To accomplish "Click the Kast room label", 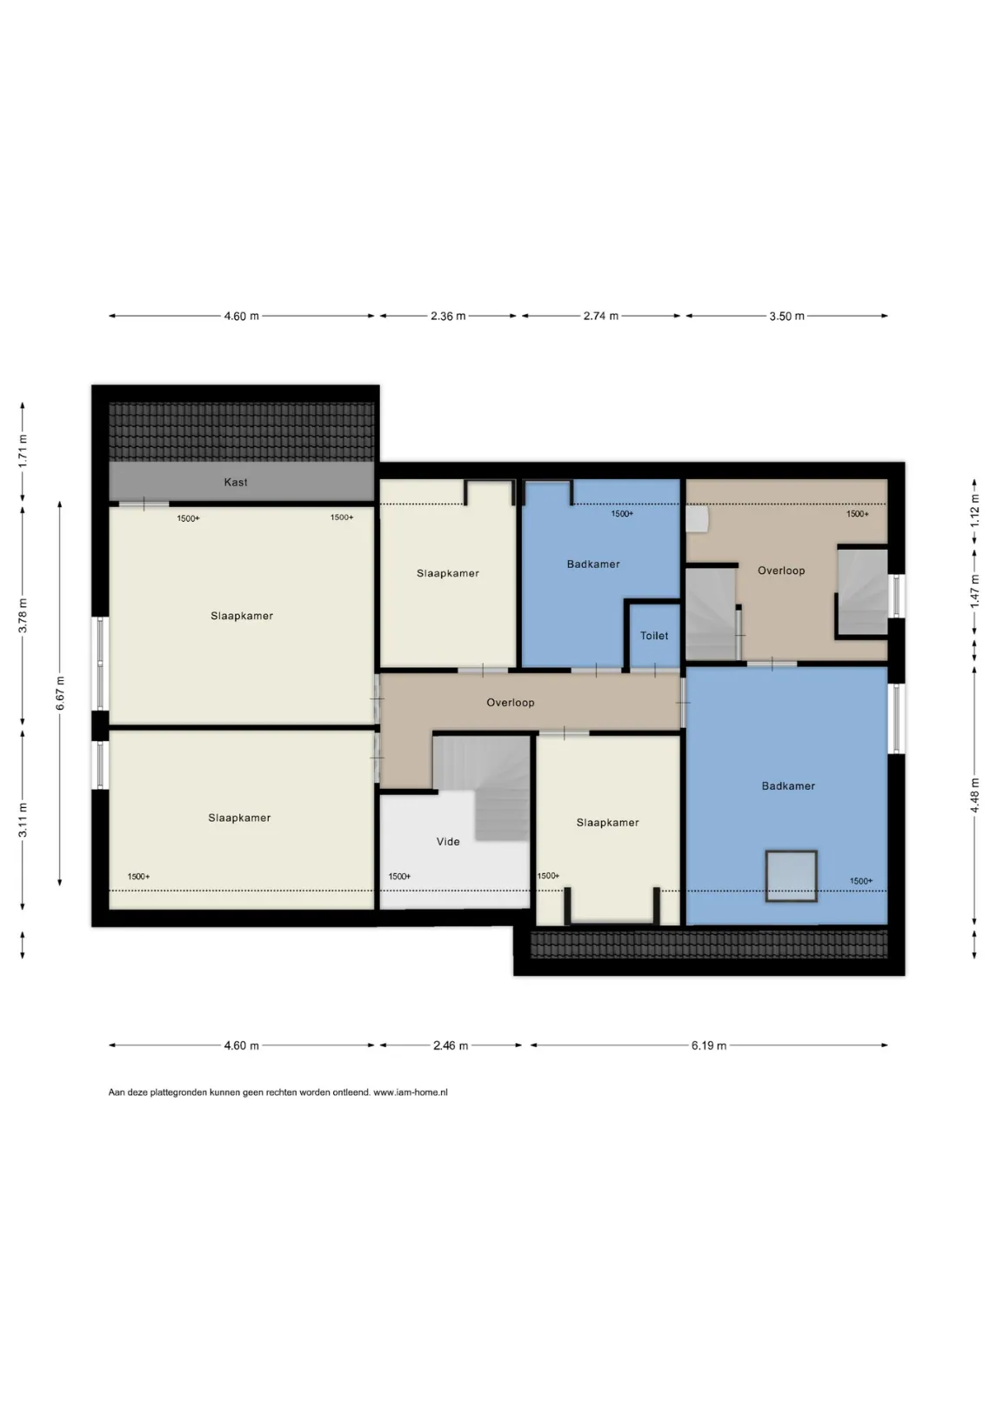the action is (x=236, y=483).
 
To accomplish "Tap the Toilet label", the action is (x=654, y=636).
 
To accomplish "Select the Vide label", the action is (x=448, y=842).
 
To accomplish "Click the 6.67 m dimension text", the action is (x=60, y=693).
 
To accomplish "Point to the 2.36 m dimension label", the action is (x=448, y=317).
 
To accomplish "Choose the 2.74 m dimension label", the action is (x=601, y=316).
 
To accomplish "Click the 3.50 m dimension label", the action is (x=786, y=317).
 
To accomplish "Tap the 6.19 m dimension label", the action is (x=708, y=1045).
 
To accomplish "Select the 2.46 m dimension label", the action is (x=451, y=1045).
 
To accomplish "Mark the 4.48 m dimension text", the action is (x=974, y=795).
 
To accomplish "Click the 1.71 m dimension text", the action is (x=23, y=451).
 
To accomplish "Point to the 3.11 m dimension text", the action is (x=23, y=820).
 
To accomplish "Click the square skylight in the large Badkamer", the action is (x=791, y=876).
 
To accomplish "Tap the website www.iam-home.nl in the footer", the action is (x=411, y=1092).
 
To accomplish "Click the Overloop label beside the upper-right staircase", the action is (x=781, y=571).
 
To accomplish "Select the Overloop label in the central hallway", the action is (x=511, y=703).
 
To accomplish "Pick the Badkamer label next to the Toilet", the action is (x=593, y=564).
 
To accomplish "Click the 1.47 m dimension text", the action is (x=974, y=591).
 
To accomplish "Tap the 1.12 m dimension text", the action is (x=974, y=511).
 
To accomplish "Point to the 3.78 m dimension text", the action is (x=23, y=617).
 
